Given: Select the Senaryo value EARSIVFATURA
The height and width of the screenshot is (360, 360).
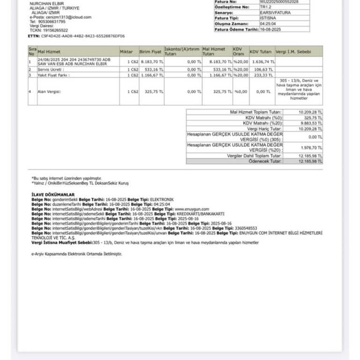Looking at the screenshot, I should tap(275, 13).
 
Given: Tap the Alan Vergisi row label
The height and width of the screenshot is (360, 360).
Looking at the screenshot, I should tap(50, 91).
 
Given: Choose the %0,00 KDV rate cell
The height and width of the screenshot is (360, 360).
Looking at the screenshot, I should tap(240, 91).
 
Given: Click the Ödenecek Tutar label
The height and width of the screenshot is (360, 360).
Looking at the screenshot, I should tap(265, 161).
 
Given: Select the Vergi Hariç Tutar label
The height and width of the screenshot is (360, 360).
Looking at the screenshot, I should tap(264, 128).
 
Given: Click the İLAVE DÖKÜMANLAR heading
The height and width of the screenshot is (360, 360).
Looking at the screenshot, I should tap(53, 194).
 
